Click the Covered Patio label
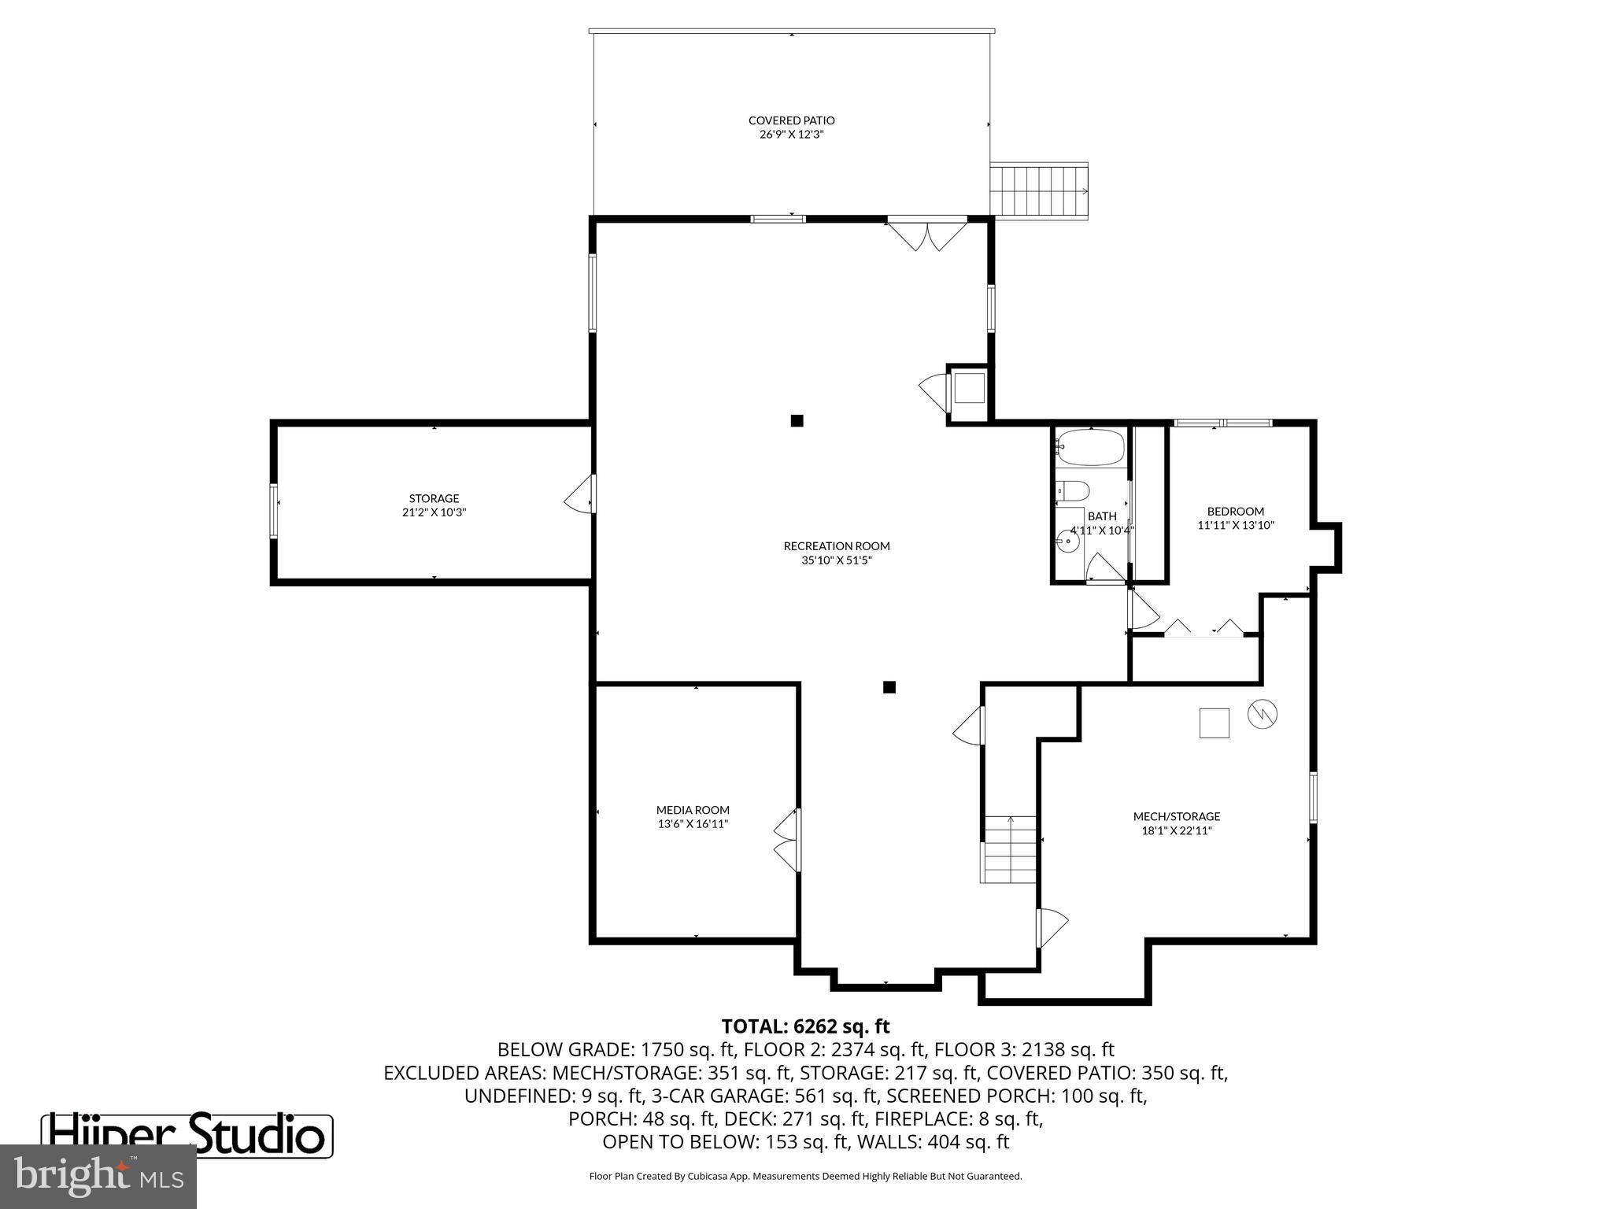(x=791, y=120)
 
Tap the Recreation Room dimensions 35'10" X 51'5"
(x=836, y=560)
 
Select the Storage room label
(x=434, y=498)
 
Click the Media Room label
(x=693, y=810)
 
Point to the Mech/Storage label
(x=1176, y=816)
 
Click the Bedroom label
(x=1235, y=511)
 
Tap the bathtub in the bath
(x=1090, y=448)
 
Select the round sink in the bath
(x=1069, y=541)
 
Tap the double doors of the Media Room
(x=787, y=840)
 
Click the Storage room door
(x=581, y=494)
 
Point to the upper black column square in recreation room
(x=797, y=420)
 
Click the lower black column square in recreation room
(x=889, y=687)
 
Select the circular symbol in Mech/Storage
(x=1262, y=714)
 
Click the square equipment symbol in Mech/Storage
(x=1214, y=723)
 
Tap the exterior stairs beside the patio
(x=1039, y=191)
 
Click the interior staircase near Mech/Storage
(x=1010, y=850)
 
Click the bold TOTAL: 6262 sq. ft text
(x=805, y=1026)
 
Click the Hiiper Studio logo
(x=187, y=1134)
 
